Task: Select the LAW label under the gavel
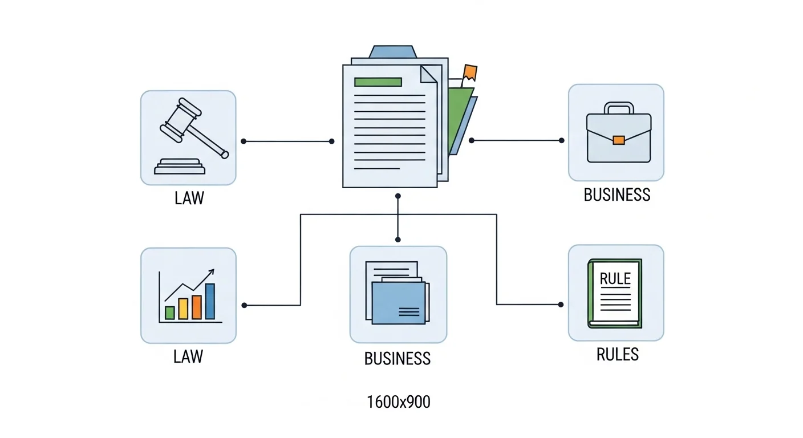[189, 199]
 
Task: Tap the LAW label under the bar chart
[188, 357]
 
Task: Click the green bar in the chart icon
[169, 313]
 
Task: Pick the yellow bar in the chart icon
[183, 309]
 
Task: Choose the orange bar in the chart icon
[197, 307]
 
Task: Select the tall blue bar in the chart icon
[210, 301]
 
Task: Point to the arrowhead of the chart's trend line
[212, 272]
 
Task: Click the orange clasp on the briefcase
[618, 140]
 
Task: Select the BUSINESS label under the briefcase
[617, 195]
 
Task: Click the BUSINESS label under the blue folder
[397, 359]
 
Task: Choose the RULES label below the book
[617, 355]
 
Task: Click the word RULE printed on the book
[615, 279]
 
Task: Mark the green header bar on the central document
[378, 82]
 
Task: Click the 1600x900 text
[399, 402]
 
